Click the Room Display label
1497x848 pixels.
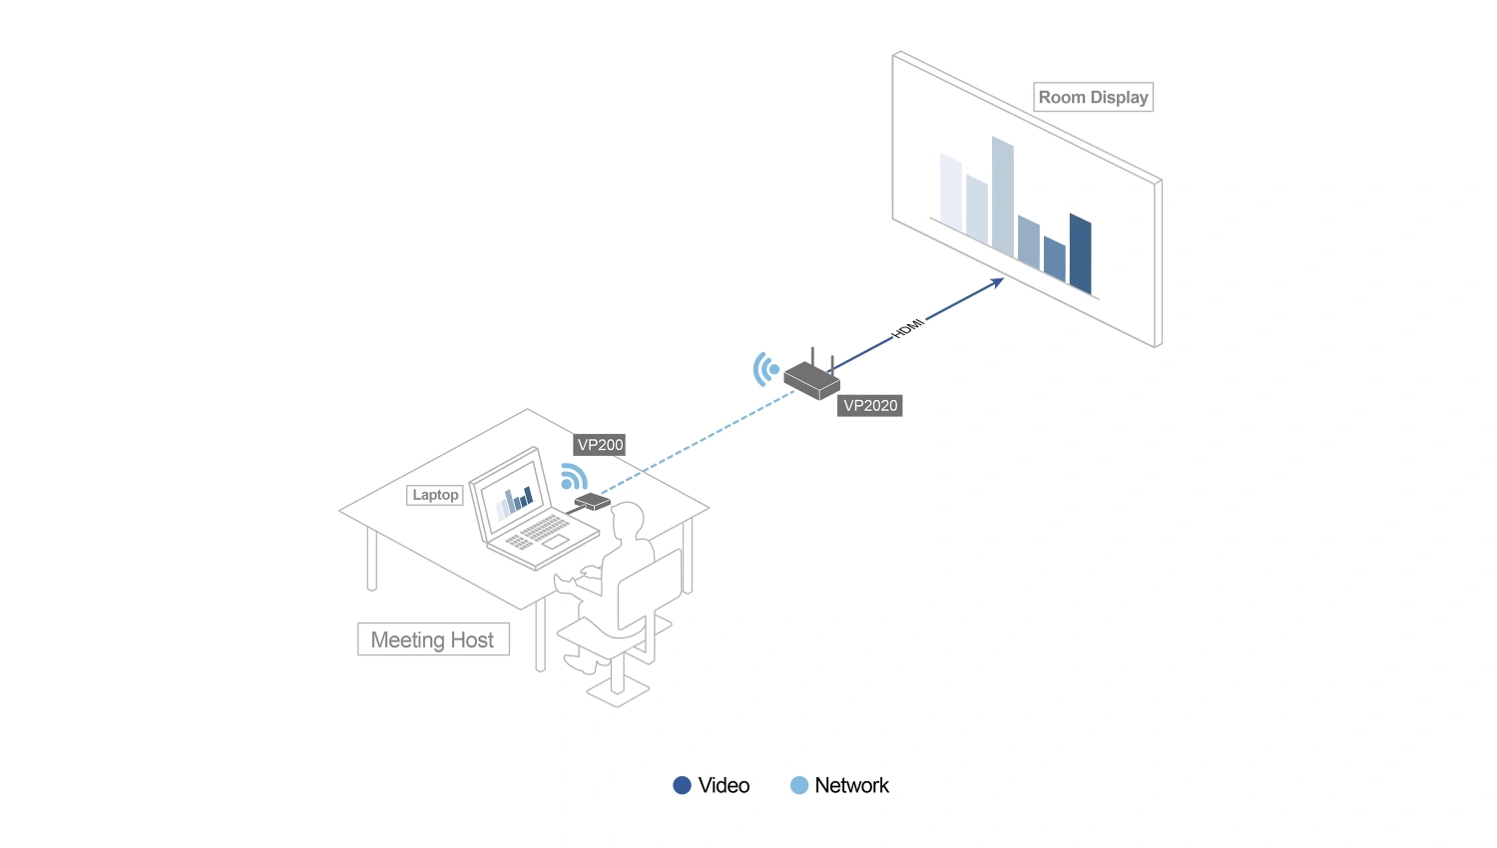[1093, 97]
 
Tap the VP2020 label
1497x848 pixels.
[869, 406]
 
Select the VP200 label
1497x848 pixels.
[600, 445]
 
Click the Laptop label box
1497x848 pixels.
[435, 495]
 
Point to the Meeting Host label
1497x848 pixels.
[433, 639]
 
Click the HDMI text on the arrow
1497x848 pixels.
[907, 328]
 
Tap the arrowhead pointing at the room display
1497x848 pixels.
[997, 282]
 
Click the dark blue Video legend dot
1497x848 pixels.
[682, 785]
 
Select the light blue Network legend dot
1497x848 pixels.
[799, 785]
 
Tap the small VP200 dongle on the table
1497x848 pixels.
[592, 501]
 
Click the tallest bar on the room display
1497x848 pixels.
[1002, 197]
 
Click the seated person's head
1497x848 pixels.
[627, 519]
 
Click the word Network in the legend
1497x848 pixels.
[851, 785]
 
